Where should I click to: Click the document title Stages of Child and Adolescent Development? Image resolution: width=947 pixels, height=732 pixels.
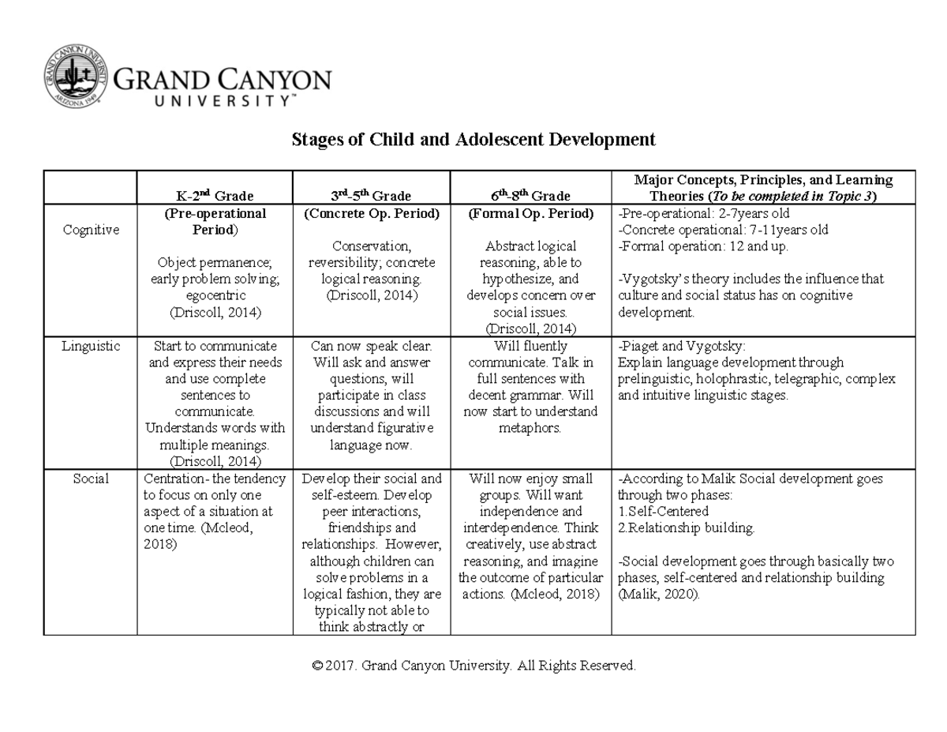[x=473, y=140]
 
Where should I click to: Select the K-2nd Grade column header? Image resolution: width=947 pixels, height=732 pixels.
[x=215, y=195]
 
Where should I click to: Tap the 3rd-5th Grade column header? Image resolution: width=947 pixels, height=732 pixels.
[x=371, y=195]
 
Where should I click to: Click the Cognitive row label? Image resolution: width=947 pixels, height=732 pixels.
[x=90, y=230]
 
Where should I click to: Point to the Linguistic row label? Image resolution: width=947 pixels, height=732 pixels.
[x=90, y=346]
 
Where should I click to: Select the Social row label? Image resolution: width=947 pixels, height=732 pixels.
[x=90, y=479]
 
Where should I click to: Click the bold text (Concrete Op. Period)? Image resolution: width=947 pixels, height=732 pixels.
[x=371, y=213]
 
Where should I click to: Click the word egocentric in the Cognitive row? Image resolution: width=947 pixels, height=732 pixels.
[x=215, y=295]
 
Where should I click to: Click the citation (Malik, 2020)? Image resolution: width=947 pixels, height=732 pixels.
[x=659, y=595]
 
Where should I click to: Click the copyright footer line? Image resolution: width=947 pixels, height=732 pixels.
[x=473, y=666]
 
